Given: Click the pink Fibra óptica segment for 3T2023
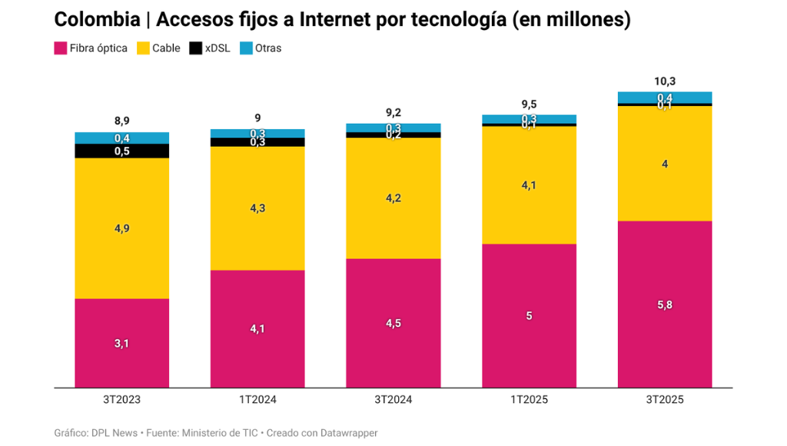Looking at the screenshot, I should pyautogui.click(x=121, y=343).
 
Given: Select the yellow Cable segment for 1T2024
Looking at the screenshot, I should pyautogui.click(x=257, y=208).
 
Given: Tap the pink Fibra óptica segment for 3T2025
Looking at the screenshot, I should pyautogui.click(x=664, y=304).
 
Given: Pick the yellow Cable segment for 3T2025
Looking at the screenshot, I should pyautogui.click(x=664, y=163).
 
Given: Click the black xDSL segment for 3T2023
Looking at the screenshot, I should pyautogui.click(x=121, y=151).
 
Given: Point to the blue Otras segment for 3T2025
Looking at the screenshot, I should pyautogui.click(x=664, y=97).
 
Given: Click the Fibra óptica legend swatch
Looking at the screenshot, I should pyautogui.click(x=60, y=48).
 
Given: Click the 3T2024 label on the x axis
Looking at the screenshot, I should pyautogui.click(x=393, y=400).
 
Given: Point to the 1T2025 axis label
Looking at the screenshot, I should pyautogui.click(x=529, y=400).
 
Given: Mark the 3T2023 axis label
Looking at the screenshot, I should pyautogui.click(x=121, y=400).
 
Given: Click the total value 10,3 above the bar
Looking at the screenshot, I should pyautogui.click(x=664, y=81).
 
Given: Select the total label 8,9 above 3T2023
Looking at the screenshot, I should pyautogui.click(x=121, y=121).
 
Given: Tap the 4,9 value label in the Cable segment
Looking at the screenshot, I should pyautogui.click(x=121, y=228).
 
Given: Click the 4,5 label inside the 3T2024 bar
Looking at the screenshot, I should pyautogui.click(x=393, y=323).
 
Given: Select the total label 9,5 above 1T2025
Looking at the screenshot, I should pyautogui.click(x=529, y=104).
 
